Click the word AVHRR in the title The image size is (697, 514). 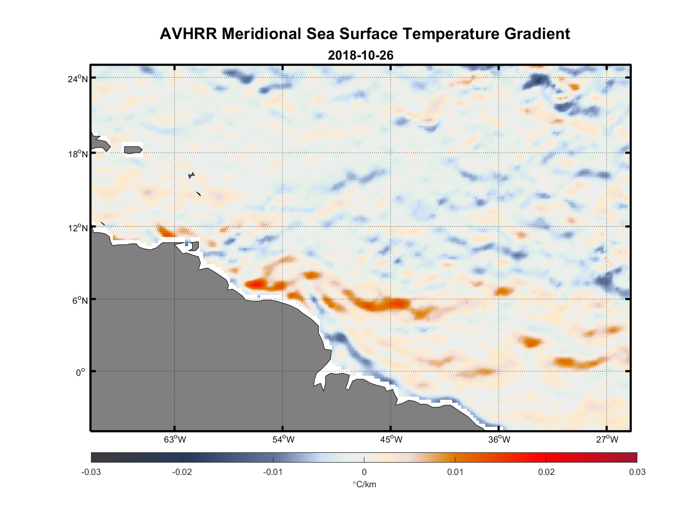[x=188, y=34]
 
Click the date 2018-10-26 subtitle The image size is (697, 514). [x=360, y=55]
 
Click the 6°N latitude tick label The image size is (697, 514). [x=80, y=300]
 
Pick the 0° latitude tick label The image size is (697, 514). [x=80, y=372]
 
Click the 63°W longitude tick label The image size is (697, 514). [x=175, y=439]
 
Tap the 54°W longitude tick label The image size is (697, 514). [x=283, y=439]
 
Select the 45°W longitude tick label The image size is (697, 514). [x=391, y=439]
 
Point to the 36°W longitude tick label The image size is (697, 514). [x=499, y=439]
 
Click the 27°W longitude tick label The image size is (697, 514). [x=607, y=439]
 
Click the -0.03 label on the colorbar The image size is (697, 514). [x=91, y=472]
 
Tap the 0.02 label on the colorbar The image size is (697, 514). [x=546, y=472]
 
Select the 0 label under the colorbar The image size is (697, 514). [x=364, y=472]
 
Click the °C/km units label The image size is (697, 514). [x=364, y=484]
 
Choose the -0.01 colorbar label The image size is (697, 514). [x=273, y=472]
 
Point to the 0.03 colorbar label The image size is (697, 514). [x=637, y=472]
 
